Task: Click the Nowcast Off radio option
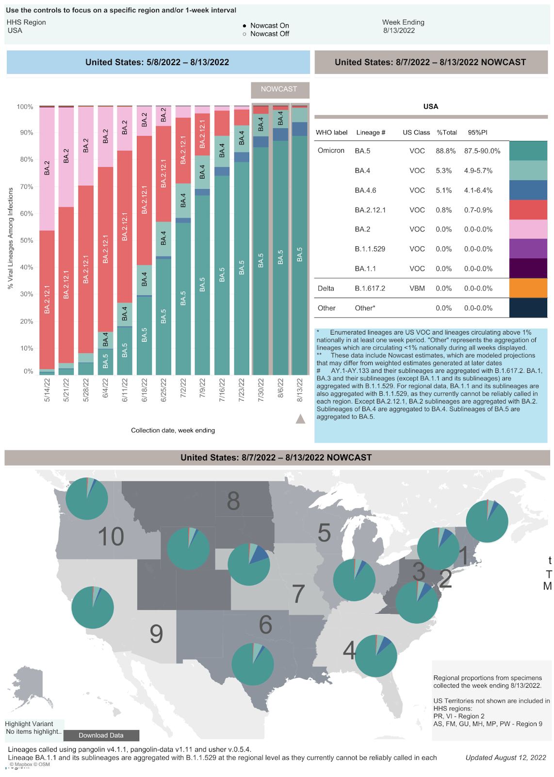[x=245, y=34]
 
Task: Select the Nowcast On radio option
[x=245, y=26]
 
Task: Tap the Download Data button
[x=101, y=735]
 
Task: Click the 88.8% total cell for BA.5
[x=445, y=151]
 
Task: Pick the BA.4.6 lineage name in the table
[x=365, y=190]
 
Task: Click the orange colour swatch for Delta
[x=528, y=288]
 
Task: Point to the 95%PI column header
[x=477, y=133]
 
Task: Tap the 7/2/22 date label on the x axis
[x=183, y=390]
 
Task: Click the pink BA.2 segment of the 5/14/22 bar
[x=47, y=168]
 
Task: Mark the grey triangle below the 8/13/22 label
[x=300, y=419]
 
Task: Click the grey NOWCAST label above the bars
[x=279, y=89]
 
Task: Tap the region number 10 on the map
[x=111, y=537]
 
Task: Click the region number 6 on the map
[x=265, y=625]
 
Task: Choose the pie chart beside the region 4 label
[x=376, y=656]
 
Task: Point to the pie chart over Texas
[x=253, y=664]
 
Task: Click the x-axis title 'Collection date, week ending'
[x=173, y=430]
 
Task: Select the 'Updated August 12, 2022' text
[x=505, y=758]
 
